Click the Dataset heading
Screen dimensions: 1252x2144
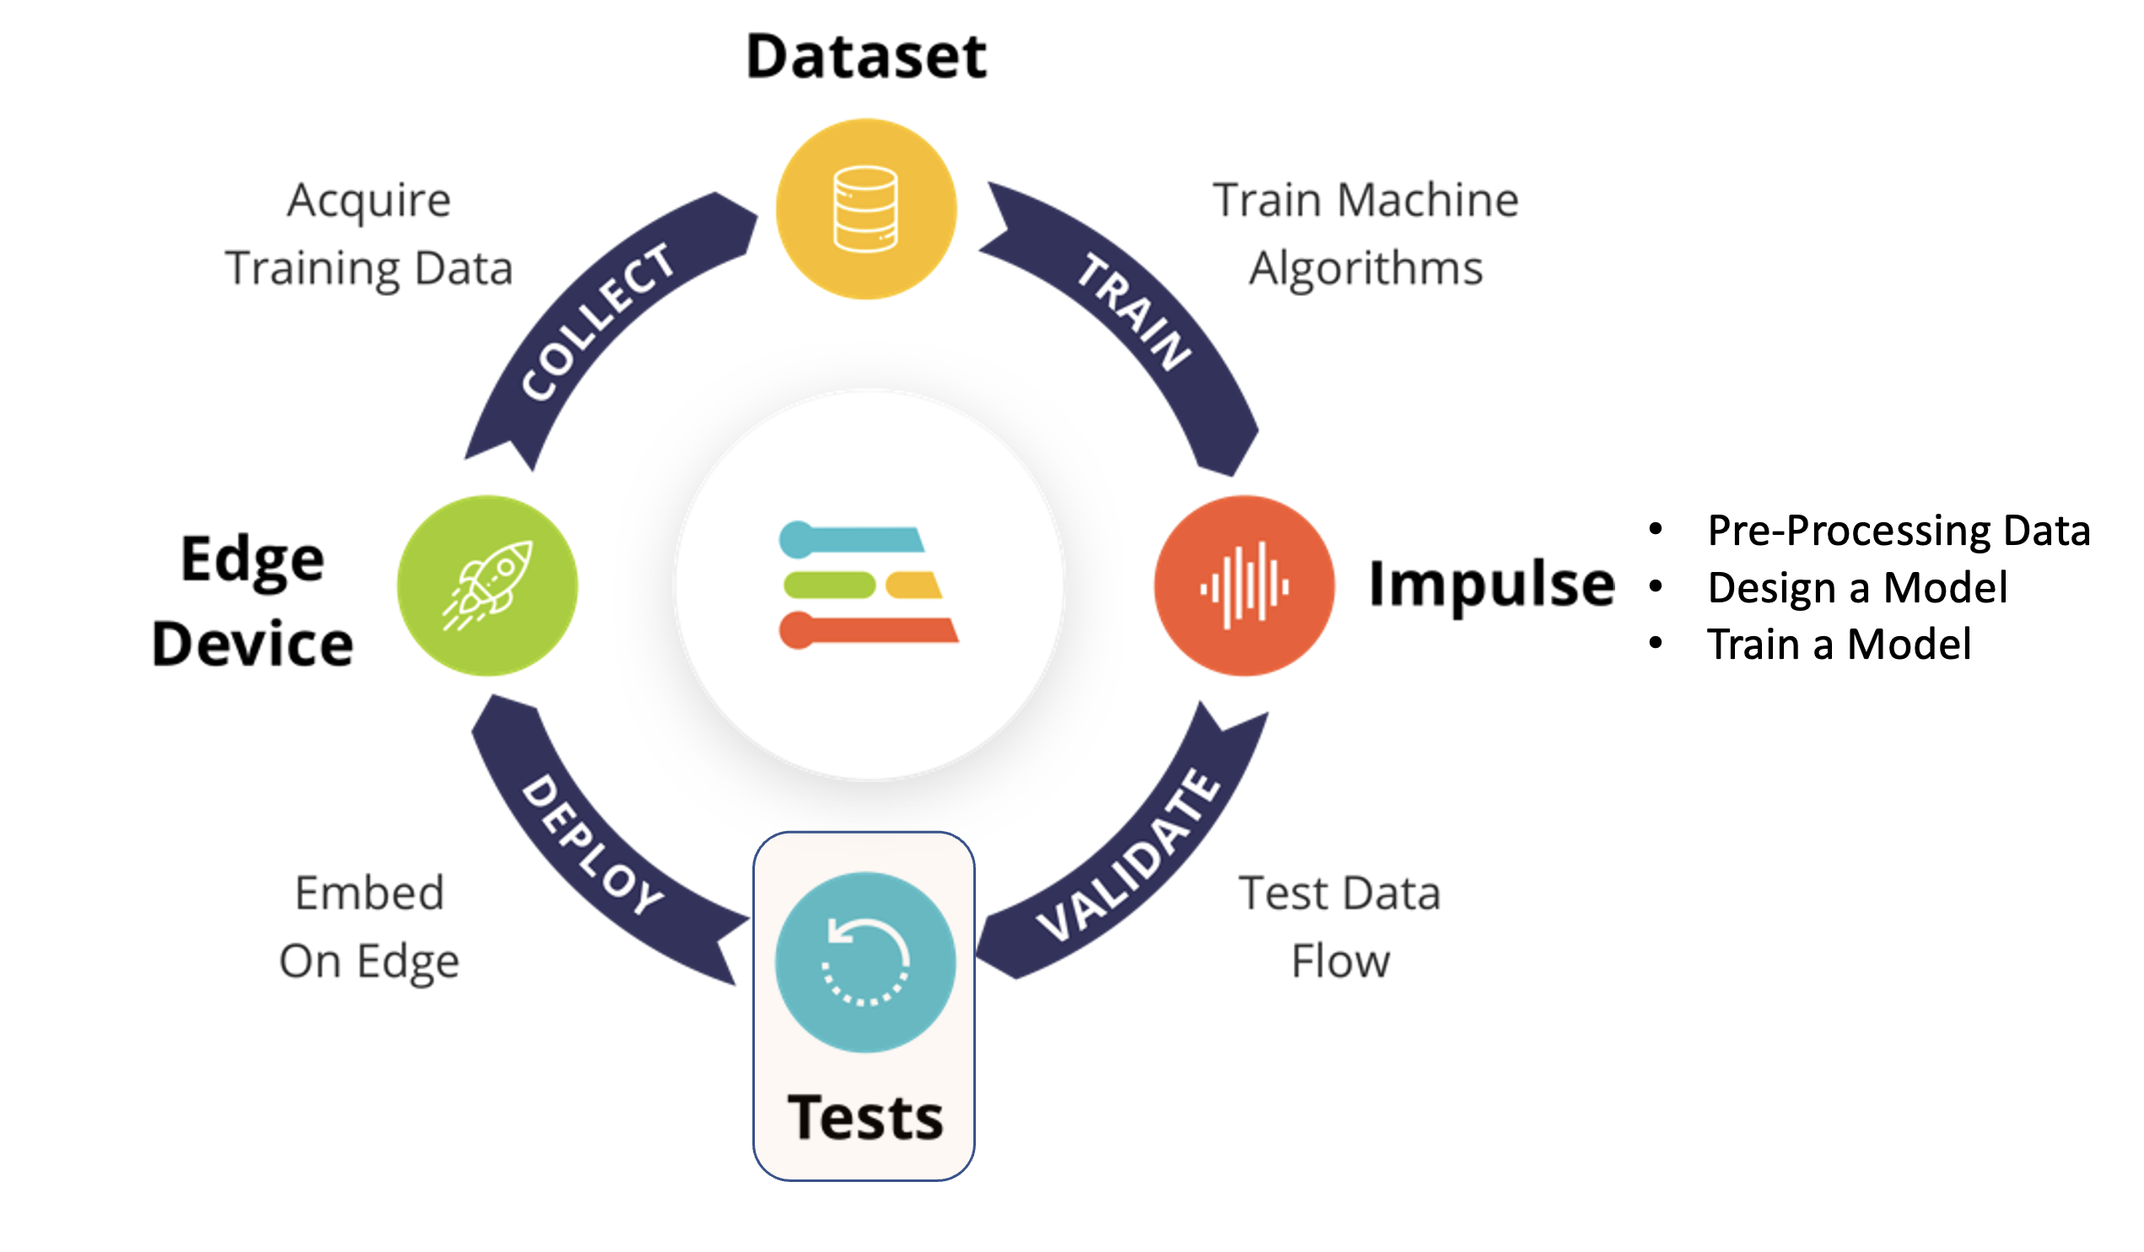(866, 57)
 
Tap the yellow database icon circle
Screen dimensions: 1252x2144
(866, 209)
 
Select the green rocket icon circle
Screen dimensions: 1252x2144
(488, 586)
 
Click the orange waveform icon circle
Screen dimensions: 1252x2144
(1244, 586)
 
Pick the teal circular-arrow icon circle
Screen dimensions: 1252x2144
(865, 962)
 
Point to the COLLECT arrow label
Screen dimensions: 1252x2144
(598, 321)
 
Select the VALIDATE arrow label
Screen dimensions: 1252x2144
(1129, 855)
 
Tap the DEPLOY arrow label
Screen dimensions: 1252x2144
(593, 845)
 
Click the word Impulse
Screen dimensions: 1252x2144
(1491, 586)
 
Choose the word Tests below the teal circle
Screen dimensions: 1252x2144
(865, 1117)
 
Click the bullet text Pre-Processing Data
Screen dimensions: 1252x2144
(1899, 531)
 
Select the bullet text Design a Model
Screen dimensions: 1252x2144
(1857, 587)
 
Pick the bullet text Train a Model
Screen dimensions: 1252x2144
(1839, 645)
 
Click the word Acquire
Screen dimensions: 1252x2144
(369, 202)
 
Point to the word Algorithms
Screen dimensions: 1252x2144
(1366, 268)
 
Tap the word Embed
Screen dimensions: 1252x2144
(369, 893)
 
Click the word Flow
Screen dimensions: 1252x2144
(1340, 962)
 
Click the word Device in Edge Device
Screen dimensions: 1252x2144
(253, 645)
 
